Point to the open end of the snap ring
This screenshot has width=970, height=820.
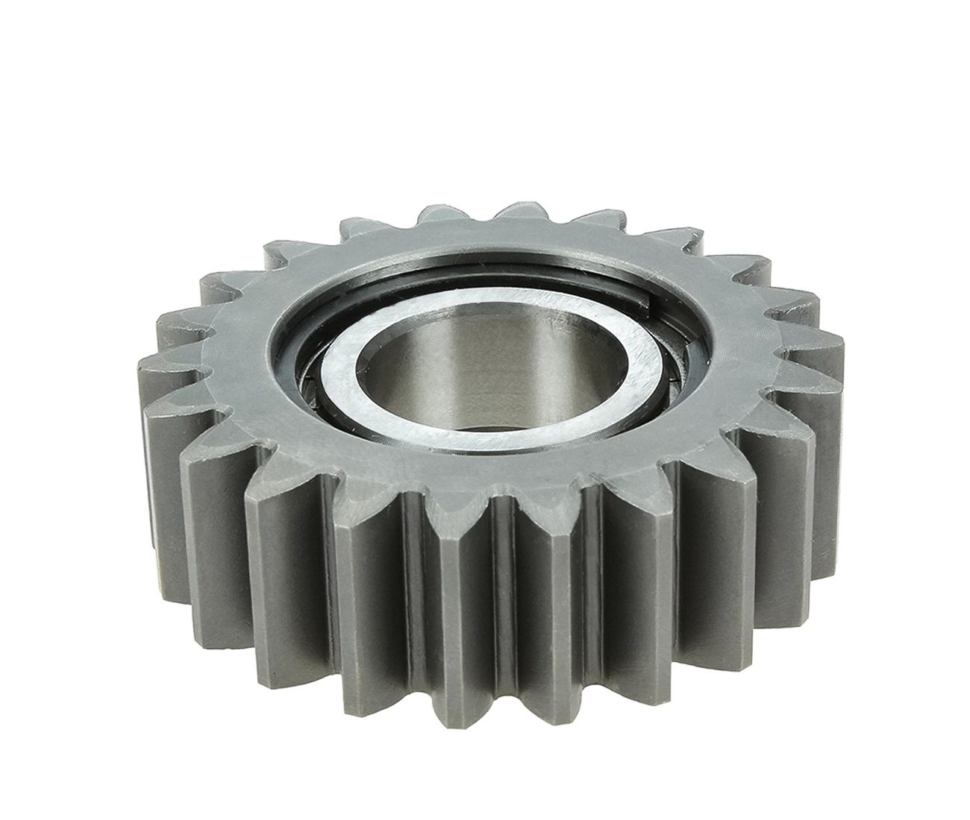coord(651,302)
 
